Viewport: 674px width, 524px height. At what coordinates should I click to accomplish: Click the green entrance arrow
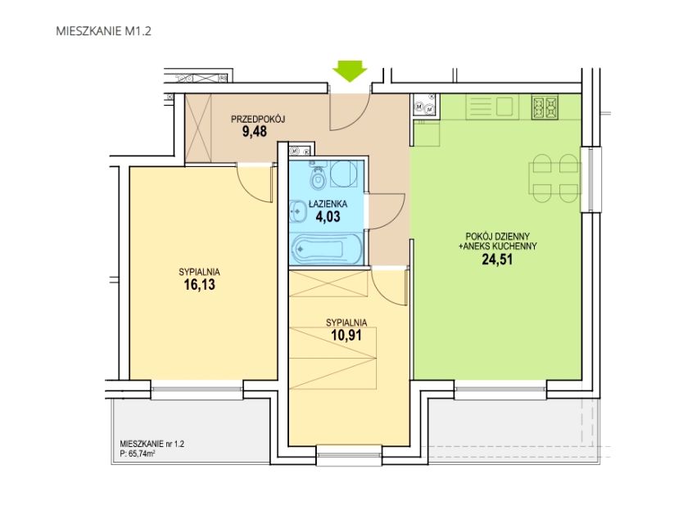[x=350, y=71]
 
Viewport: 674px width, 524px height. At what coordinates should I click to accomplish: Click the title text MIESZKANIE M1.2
[x=103, y=31]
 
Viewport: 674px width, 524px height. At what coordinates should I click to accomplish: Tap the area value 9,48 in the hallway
[x=255, y=131]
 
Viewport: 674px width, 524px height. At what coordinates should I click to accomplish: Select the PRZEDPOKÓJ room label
[x=258, y=119]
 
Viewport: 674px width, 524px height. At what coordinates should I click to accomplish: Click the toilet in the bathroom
[x=318, y=176]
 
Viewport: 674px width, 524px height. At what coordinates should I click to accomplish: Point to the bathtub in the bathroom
[x=318, y=249]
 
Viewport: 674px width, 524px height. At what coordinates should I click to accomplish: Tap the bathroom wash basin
[x=296, y=211]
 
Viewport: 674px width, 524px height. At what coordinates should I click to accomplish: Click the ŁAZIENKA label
[x=328, y=205]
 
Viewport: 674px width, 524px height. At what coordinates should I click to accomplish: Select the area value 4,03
[x=328, y=216]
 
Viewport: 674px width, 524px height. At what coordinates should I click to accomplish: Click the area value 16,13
[x=200, y=284]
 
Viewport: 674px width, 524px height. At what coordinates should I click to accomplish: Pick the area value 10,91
[x=346, y=335]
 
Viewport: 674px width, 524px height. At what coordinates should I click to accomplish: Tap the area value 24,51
[x=497, y=260]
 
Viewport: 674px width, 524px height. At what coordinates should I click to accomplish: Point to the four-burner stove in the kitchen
[x=545, y=107]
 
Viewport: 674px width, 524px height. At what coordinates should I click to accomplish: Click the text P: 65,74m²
[x=137, y=453]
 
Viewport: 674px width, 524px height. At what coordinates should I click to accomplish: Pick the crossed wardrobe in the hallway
[x=198, y=129]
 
